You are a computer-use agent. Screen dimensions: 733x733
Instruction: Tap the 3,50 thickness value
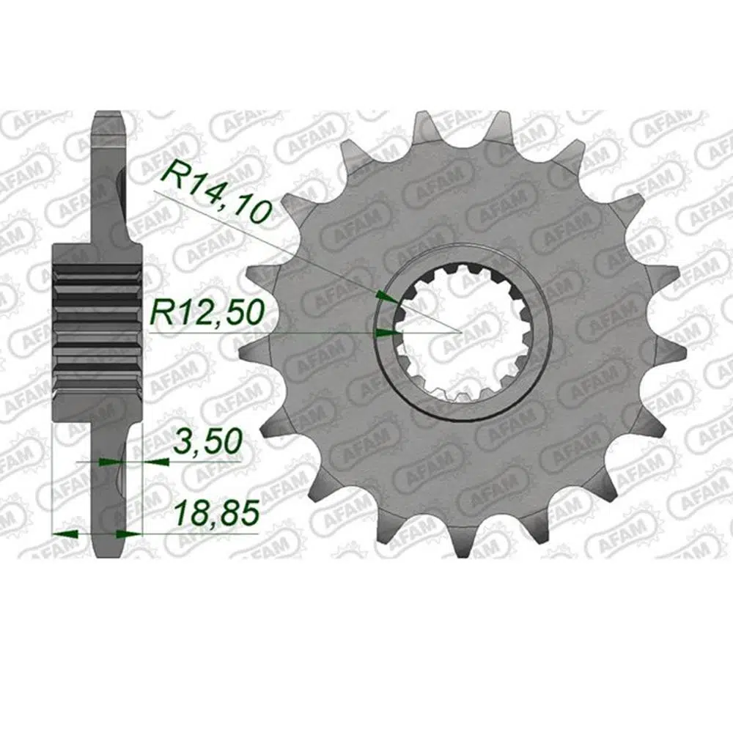(207, 442)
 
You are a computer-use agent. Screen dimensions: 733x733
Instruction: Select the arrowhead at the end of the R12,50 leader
(388, 333)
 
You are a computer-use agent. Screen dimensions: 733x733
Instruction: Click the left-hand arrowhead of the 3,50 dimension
(111, 462)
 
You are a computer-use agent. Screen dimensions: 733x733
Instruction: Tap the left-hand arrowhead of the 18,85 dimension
(65, 533)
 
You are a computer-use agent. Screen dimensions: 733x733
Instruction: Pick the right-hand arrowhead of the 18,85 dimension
(128, 533)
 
